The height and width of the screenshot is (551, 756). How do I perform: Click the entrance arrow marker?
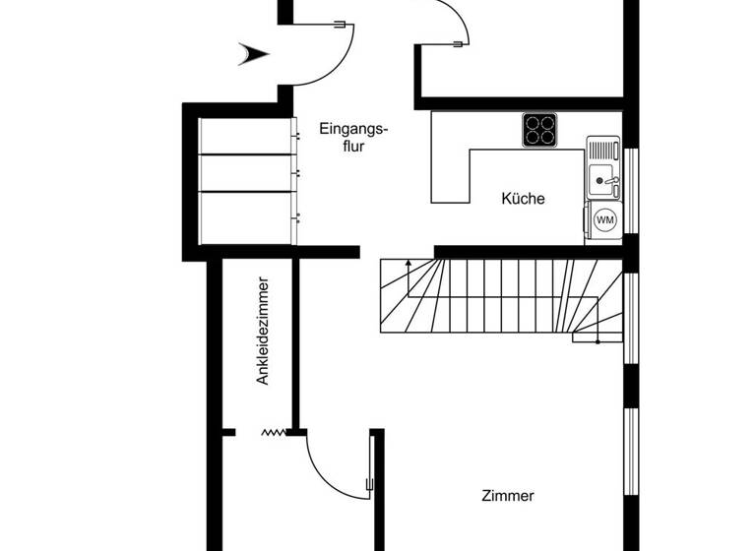point(253,54)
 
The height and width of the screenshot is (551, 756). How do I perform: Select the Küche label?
point(523,199)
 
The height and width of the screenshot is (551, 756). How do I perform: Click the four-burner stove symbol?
point(538,129)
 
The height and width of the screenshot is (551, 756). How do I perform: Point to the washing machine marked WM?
point(603,220)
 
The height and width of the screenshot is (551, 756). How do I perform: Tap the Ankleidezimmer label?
point(263,331)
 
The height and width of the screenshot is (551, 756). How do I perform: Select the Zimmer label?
point(508,496)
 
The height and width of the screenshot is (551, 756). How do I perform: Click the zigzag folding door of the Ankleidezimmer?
point(272,432)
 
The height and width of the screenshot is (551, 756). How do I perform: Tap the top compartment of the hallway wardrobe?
point(247,136)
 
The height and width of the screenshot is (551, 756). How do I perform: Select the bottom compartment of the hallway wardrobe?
point(247,216)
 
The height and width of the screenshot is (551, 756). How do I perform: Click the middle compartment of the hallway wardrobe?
point(247,172)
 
